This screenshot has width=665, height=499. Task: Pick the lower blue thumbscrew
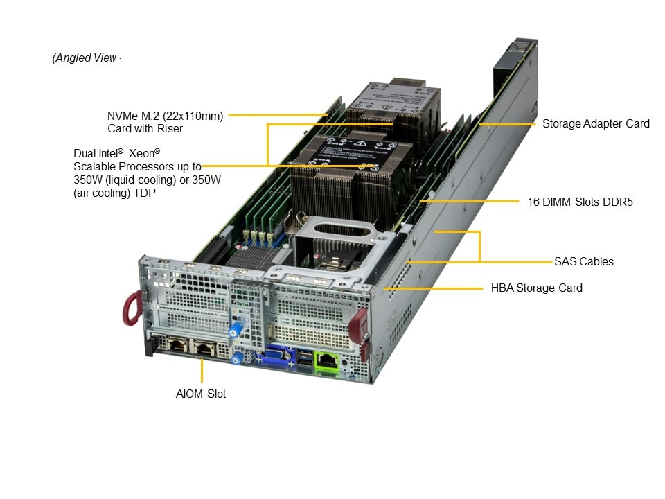point(237,358)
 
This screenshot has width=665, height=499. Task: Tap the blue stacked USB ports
point(304,359)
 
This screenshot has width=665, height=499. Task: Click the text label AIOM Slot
point(201,394)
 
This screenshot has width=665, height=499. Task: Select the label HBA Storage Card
point(537,288)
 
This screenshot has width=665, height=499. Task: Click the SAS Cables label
point(583,261)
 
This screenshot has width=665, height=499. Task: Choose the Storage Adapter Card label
point(596,124)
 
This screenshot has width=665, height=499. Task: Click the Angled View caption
point(85,58)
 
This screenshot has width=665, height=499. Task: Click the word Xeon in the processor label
point(148,153)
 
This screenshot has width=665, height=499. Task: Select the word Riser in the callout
point(169,128)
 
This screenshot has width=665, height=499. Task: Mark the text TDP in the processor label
point(145,193)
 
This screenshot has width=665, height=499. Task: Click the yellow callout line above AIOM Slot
point(202,371)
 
